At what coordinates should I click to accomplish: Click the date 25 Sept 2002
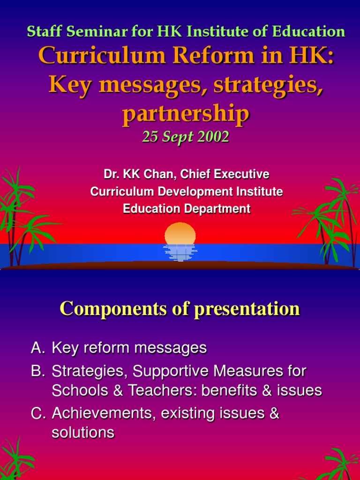click(186, 137)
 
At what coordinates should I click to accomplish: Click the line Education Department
click(187, 209)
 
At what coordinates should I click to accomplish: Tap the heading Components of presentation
click(180, 309)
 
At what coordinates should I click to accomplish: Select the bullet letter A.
click(37, 348)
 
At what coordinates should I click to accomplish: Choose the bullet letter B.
click(37, 372)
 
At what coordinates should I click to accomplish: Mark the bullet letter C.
click(37, 413)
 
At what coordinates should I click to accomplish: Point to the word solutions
click(83, 432)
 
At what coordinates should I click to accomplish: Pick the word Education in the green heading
click(312, 31)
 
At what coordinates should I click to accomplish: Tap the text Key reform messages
click(129, 348)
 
